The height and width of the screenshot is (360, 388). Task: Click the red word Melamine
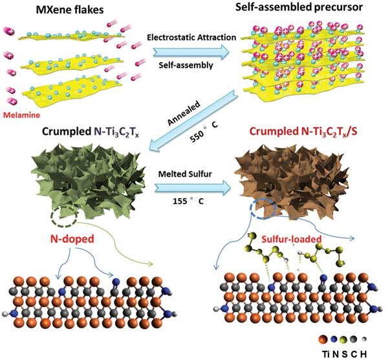click(x=21, y=115)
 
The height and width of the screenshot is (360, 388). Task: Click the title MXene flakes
click(x=70, y=10)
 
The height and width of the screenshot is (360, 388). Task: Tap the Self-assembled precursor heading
click(x=299, y=7)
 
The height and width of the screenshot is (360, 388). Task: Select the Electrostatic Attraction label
click(x=191, y=38)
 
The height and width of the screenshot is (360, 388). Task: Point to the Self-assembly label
click(x=186, y=65)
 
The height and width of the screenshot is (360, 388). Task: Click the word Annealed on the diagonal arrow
click(x=184, y=113)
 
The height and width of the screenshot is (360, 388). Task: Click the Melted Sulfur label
click(x=185, y=174)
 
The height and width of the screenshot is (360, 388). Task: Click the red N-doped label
click(x=72, y=239)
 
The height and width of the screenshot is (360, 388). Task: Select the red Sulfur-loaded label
click(x=292, y=239)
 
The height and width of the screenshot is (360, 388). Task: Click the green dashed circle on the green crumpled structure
click(x=64, y=216)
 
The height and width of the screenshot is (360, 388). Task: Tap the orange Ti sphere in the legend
click(x=323, y=339)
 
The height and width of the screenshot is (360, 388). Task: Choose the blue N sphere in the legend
click(x=334, y=339)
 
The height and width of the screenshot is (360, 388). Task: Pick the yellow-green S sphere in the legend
click(x=344, y=339)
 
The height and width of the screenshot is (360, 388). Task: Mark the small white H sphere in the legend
click(x=363, y=339)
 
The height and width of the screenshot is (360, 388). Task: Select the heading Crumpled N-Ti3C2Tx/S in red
click(x=303, y=132)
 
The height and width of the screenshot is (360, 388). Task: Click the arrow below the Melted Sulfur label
click(x=193, y=187)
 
